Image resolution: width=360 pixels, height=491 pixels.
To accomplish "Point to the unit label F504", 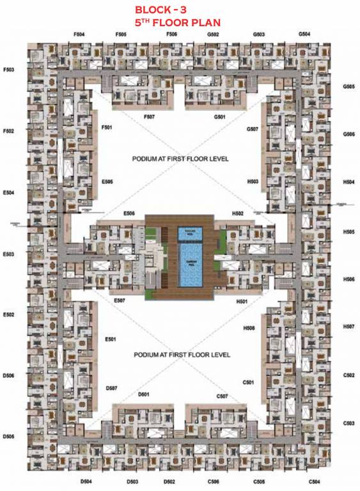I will [x=80, y=34].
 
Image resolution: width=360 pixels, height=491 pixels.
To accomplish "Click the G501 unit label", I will [x=220, y=117].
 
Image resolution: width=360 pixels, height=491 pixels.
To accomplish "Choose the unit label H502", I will [x=239, y=213].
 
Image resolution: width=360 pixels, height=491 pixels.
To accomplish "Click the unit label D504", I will [x=86, y=481].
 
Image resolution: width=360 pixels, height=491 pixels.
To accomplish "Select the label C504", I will [x=314, y=481].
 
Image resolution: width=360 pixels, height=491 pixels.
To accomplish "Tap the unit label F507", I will [x=150, y=117].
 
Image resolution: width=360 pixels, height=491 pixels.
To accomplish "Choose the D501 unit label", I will [x=143, y=394].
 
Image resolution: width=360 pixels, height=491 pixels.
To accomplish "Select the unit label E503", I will [x=8, y=254].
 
